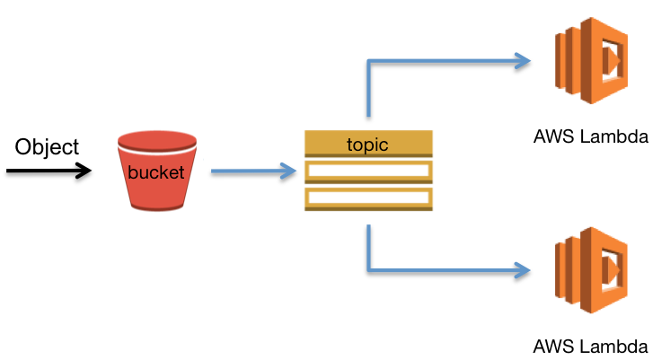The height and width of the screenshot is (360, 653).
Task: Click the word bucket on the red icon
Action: [156, 172]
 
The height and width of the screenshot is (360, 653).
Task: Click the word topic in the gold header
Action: [367, 145]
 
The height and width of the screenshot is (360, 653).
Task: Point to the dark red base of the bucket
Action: [157, 206]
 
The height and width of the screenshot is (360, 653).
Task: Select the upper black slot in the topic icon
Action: [368, 171]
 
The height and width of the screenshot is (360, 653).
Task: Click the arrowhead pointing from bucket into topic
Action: [288, 171]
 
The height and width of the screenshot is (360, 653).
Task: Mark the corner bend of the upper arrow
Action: [368, 62]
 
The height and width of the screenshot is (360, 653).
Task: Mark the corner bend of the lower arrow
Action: [368, 268]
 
